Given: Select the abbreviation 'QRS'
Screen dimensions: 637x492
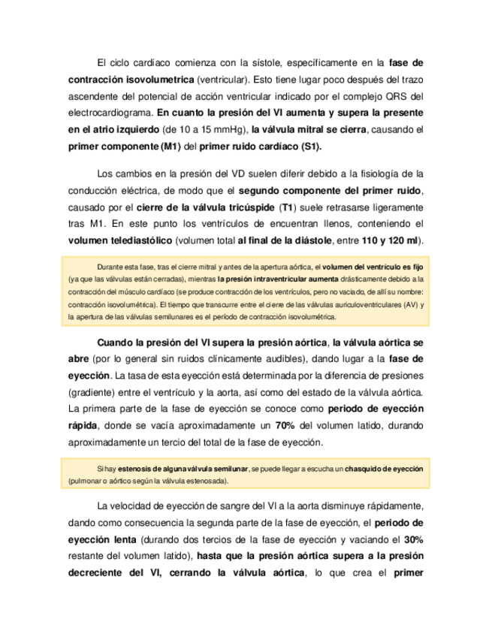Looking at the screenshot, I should [400, 95].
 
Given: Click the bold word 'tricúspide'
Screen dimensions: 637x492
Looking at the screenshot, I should [246, 207].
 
